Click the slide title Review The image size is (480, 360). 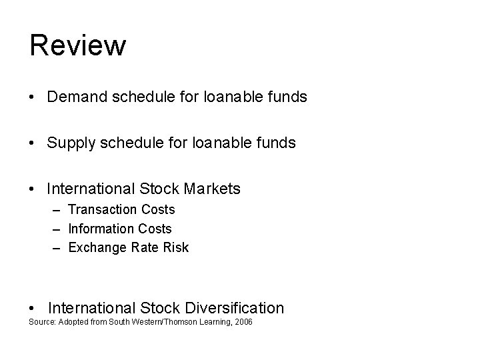coord(77,45)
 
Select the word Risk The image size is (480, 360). coord(175,248)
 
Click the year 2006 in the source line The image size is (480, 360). coord(243,323)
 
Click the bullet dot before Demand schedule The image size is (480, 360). coord(33,98)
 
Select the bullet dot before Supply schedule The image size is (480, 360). coord(33,143)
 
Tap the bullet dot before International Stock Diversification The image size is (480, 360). coord(33,309)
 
